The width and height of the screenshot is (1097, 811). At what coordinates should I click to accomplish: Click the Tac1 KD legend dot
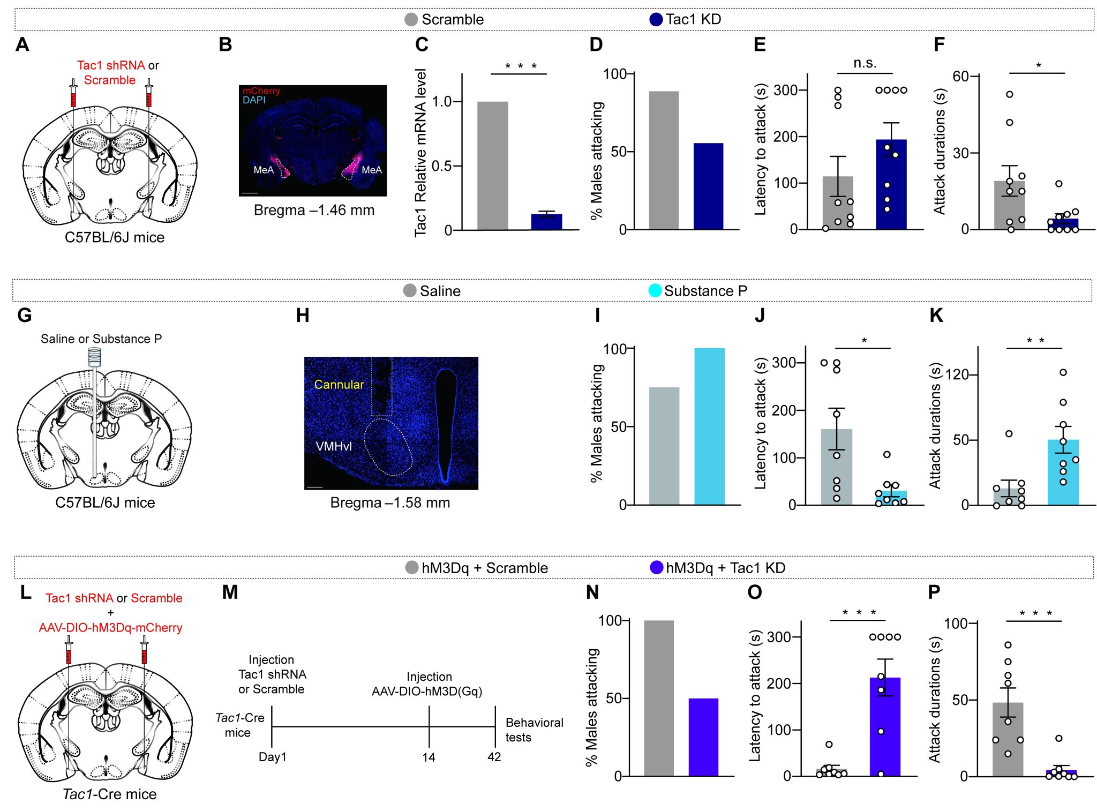pyautogui.click(x=656, y=20)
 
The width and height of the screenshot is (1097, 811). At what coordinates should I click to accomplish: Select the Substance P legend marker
pyautogui.click(x=655, y=291)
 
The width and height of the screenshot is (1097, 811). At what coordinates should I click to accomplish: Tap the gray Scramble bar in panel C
pyautogui.click(x=492, y=166)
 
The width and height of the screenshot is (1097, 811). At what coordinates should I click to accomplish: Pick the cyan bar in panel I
pyautogui.click(x=709, y=426)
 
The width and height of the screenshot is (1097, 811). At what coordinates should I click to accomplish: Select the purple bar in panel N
pyautogui.click(x=703, y=737)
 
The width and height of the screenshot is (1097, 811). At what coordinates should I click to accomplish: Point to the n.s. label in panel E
pyautogui.click(x=865, y=63)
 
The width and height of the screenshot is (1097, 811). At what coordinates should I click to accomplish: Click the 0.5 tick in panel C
pyautogui.click(x=441, y=166)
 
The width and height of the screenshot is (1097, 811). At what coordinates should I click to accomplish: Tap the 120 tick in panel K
pyautogui.click(x=957, y=374)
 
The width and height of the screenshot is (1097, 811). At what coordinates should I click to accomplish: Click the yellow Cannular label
pyautogui.click(x=339, y=385)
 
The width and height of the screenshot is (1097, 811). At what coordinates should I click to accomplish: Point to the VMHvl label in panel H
pyautogui.click(x=334, y=446)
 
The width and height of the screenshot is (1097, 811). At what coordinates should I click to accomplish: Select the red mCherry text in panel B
pyautogui.click(x=261, y=91)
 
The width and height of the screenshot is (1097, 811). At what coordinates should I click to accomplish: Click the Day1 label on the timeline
pyautogui.click(x=272, y=757)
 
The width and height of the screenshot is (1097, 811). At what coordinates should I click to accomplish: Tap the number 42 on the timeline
pyautogui.click(x=494, y=757)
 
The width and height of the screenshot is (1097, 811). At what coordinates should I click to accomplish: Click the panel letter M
pyautogui.click(x=230, y=592)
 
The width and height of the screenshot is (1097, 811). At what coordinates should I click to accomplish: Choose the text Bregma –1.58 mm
pyautogui.click(x=390, y=503)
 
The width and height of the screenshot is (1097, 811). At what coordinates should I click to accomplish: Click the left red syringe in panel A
pyautogui.click(x=73, y=95)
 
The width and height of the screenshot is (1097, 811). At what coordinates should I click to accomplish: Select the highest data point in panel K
pyautogui.click(x=1063, y=372)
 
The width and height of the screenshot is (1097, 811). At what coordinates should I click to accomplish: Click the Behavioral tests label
pyautogui.click(x=534, y=730)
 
